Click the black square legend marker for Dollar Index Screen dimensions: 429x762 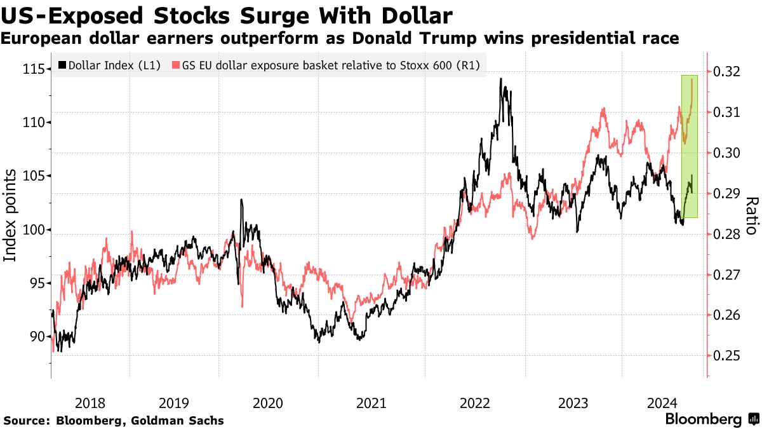(62, 65)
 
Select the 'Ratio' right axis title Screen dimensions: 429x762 (751, 216)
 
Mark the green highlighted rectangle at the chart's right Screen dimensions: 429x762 (689, 146)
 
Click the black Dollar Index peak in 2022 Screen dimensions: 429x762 (501, 79)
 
